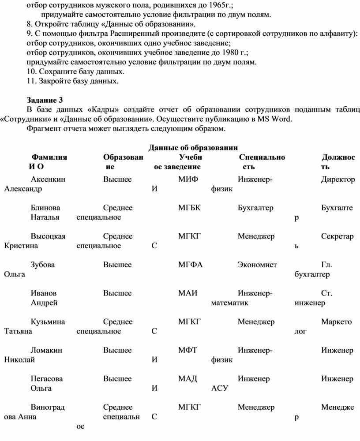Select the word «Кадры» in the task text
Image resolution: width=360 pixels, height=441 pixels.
pyautogui.click(x=102, y=110)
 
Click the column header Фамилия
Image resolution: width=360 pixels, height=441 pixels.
pyautogui.click(x=49, y=157)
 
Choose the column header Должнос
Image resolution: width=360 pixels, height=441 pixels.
pyautogui.click(x=338, y=157)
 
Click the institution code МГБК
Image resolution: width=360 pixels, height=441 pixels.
pyautogui.click(x=190, y=208)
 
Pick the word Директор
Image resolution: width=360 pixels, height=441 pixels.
pyautogui.click(x=338, y=179)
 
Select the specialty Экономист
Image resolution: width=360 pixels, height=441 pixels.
pyautogui.click(x=257, y=265)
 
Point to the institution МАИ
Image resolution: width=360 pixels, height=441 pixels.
pyautogui.click(x=188, y=293)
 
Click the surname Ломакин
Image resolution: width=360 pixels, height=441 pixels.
pyautogui.click(x=46, y=350)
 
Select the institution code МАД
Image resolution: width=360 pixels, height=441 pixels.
pyautogui.click(x=188, y=378)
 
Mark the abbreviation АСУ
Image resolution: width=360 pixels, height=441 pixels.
pyautogui.click(x=219, y=389)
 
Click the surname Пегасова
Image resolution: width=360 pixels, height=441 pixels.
pyautogui.click(x=47, y=378)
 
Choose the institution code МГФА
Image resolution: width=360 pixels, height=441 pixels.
pyautogui.click(x=190, y=265)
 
